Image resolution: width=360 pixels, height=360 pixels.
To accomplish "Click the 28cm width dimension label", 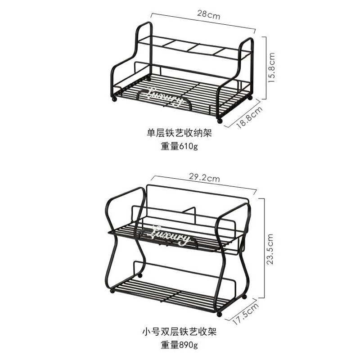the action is coord(208,15).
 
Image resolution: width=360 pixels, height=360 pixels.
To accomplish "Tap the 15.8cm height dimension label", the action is coord(271,68).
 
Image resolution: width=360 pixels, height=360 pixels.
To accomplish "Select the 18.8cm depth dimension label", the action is coord(250,117).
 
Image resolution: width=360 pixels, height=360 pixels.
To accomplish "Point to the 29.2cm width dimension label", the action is coord(204,177).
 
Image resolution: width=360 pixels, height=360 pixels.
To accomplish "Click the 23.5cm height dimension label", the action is coord(270,249).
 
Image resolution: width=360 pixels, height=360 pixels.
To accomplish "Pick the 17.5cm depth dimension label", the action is coord(246,314).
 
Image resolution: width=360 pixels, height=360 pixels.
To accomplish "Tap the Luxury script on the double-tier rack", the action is coord(171,236).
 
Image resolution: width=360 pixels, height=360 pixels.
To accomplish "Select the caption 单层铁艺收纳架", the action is coord(179,133).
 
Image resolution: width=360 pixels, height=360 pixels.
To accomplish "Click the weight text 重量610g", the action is coord(179,146).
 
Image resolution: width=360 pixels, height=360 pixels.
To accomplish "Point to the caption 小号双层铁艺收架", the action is coord(179,332).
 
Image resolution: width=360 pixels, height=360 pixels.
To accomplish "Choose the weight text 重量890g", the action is coord(179,345).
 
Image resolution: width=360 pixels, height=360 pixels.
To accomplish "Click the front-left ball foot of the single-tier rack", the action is coord(114,99).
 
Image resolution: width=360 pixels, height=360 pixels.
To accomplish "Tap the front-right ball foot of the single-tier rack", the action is coord(220,121).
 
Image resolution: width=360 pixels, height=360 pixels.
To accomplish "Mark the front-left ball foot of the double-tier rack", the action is coord(112,291).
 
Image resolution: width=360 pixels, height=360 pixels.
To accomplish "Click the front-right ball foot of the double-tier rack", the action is coord(220,314).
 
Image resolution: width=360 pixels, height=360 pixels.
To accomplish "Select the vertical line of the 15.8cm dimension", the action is coord(266,68).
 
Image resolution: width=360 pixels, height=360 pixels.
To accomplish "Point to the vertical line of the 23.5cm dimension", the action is coord(265,248).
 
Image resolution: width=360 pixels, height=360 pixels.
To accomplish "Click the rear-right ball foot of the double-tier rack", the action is coord(244,297).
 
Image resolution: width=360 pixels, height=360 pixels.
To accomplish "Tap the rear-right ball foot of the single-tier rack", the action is coord(250,98).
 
